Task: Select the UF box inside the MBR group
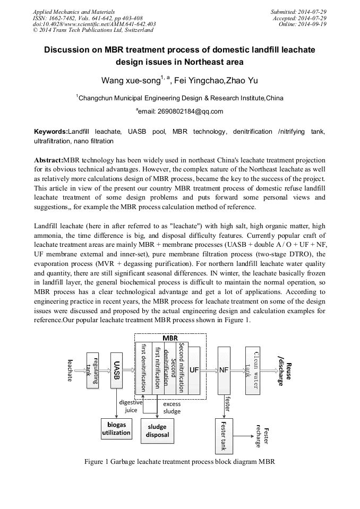click(x=194, y=370)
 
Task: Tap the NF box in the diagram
click(x=224, y=370)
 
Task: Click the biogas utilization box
click(x=116, y=429)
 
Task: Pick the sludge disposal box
click(x=157, y=430)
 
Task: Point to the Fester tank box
click(x=224, y=435)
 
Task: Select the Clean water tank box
click(x=253, y=370)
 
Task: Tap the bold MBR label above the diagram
click(x=170, y=338)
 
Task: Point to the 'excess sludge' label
click(x=172, y=408)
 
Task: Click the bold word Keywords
click(x=51, y=131)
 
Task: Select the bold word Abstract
click(x=48, y=160)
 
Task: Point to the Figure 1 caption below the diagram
click(x=179, y=461)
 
